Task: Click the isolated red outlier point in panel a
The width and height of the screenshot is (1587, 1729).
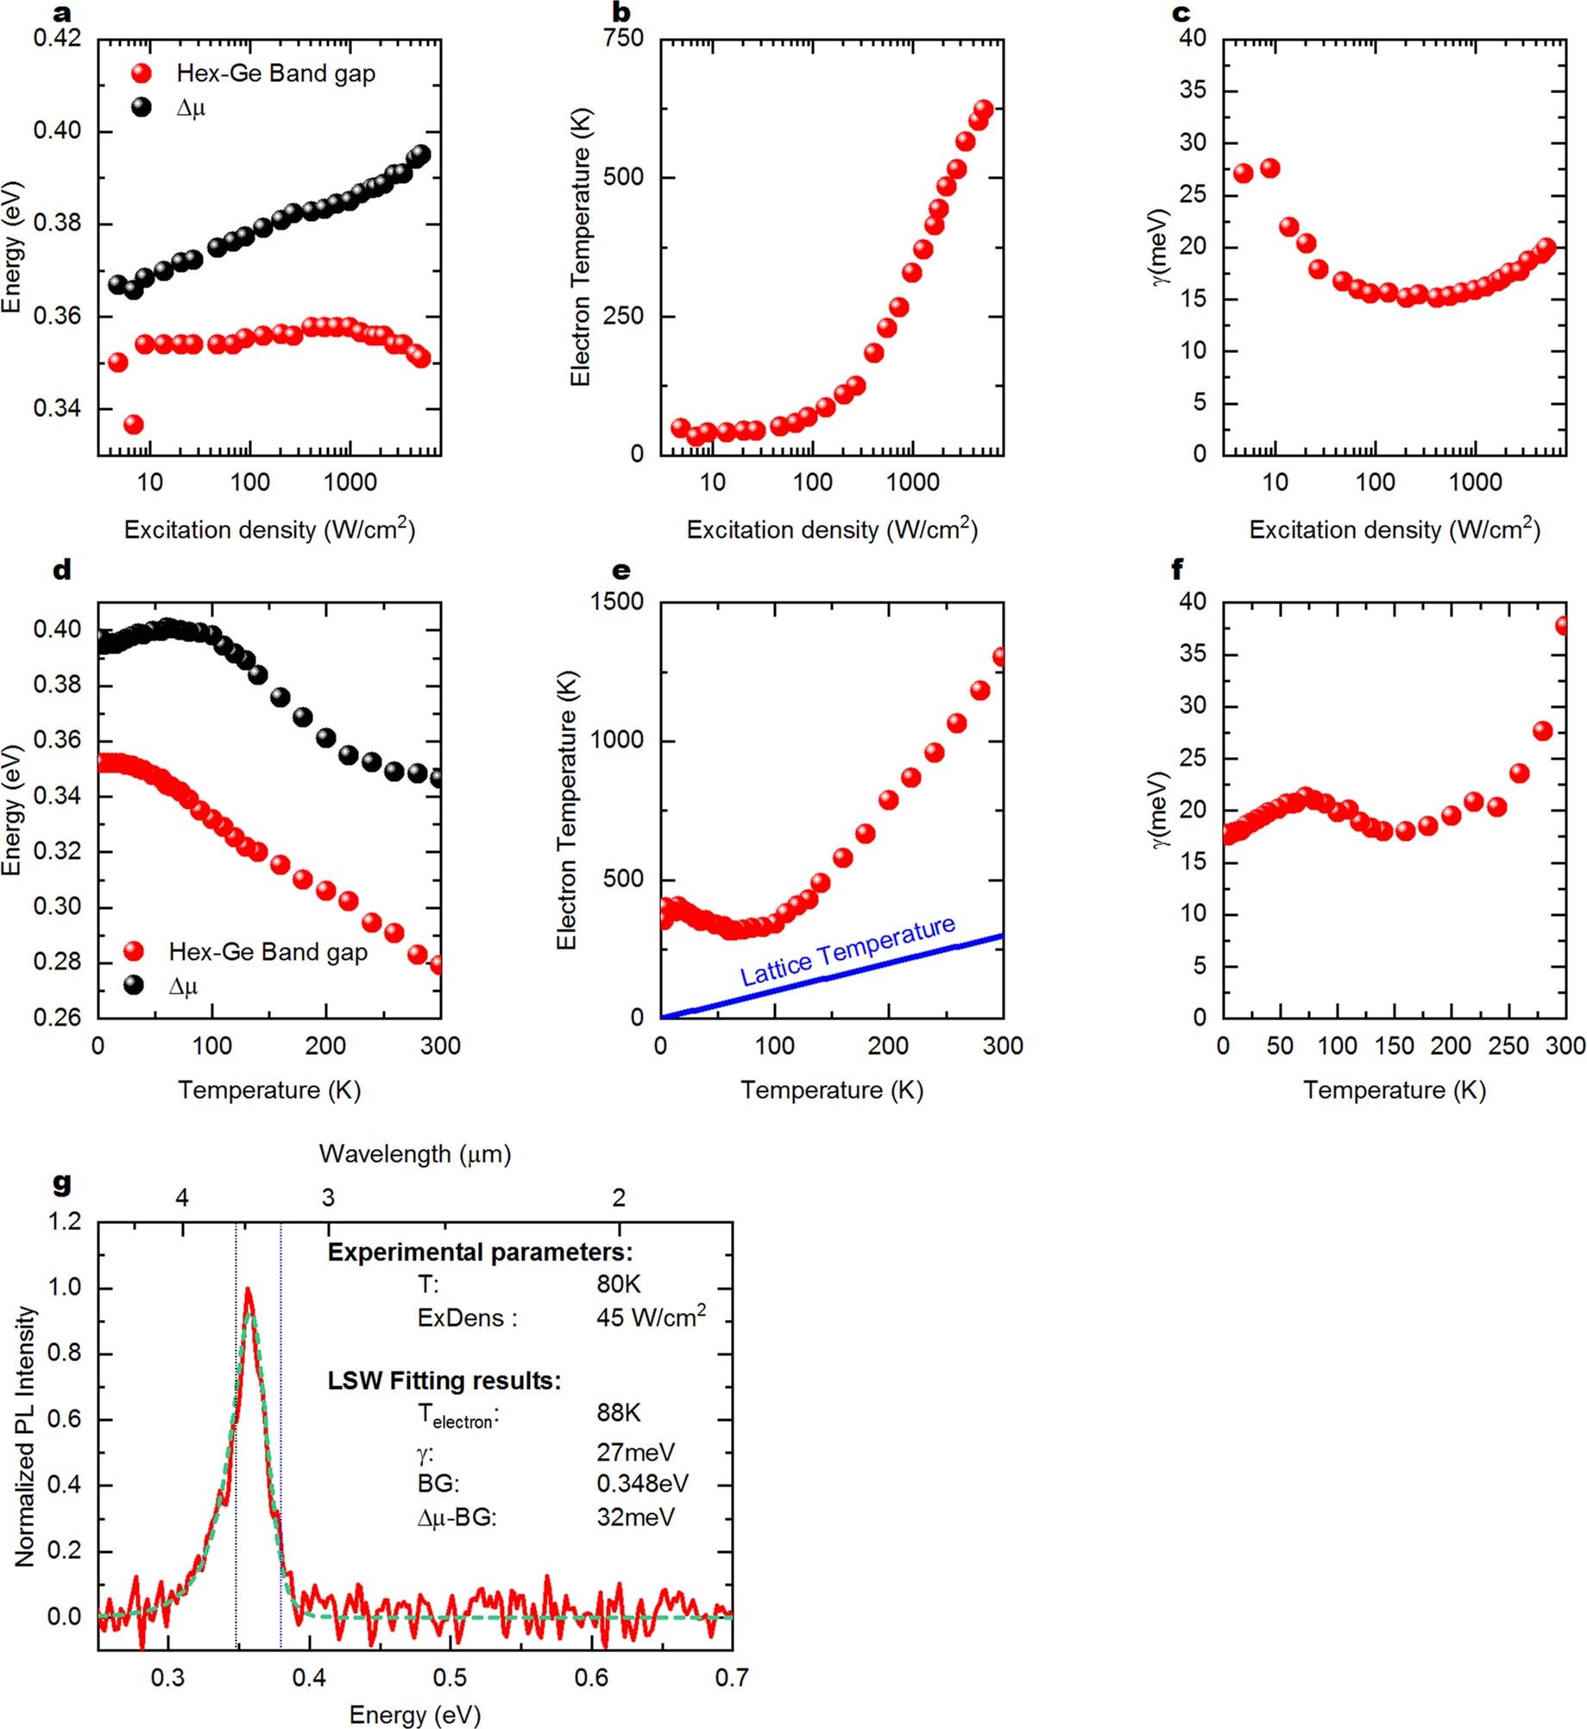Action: coord(133,424)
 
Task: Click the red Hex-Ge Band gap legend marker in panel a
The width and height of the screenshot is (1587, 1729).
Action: coord(142,73)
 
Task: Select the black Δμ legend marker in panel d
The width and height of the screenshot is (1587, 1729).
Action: coord(134,985)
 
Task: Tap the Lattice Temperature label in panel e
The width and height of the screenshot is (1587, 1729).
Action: coord(847,951)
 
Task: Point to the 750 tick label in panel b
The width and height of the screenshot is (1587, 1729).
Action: coord(623,38)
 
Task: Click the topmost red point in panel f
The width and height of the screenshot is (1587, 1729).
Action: coord(1563,625)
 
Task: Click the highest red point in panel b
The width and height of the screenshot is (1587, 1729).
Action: coord(983,109)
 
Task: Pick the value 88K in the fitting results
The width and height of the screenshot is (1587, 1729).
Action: coord(618,1412)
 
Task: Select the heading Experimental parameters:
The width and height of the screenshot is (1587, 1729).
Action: coord(480,1253)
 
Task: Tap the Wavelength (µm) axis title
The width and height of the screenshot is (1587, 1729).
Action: coord(415,1153)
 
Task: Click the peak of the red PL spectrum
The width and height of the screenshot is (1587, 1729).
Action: coord(249,1292)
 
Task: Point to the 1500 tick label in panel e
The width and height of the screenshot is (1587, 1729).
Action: coord(616,601)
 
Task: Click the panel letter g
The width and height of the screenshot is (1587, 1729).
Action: coord(61,1183)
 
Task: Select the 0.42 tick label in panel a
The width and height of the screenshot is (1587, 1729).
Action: coord(57,38)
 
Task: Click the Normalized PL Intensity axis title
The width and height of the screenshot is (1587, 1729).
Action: coord(25,1435)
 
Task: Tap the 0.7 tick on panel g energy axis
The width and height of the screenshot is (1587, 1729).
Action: coord(731,1677)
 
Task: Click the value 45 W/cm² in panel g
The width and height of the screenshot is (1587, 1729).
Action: coord(651,1318)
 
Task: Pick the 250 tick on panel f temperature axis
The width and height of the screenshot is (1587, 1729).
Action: coord(1508,1046)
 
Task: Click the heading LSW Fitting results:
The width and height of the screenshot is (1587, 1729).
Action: coord(444,1380)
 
